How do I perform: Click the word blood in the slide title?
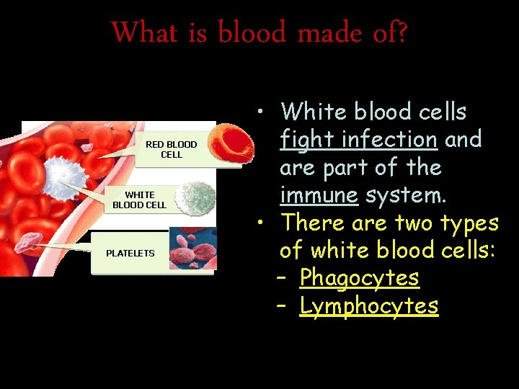(252, 32)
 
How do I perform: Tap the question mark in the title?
(400, 32)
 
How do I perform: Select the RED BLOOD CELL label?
(172, 149)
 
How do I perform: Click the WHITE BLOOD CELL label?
(139, 200)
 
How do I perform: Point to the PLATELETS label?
(130, 253)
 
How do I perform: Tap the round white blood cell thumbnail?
(195, 198)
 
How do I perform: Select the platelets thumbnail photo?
(193, 249)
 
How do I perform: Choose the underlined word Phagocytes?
(359, 277)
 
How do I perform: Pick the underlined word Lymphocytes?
(368, 305)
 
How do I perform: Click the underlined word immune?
(319, 195)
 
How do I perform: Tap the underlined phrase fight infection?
(358, 138)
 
